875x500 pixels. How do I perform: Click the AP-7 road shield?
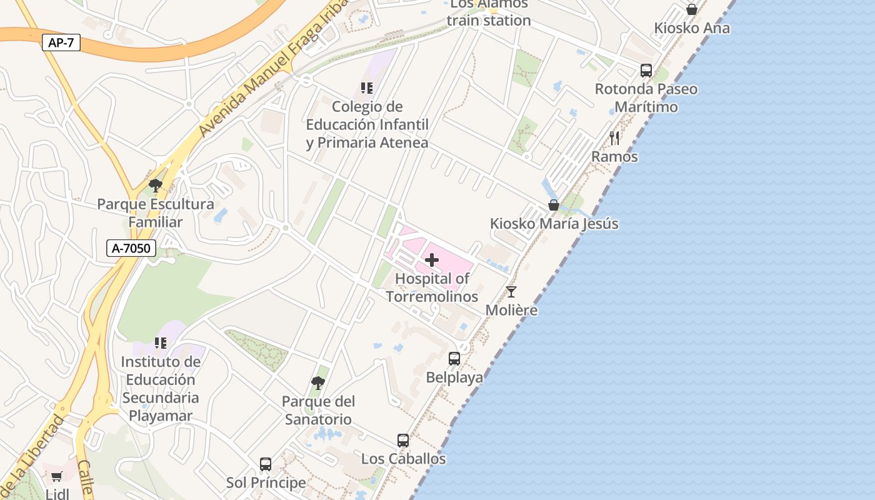pyautogui.click(x=62, y=43)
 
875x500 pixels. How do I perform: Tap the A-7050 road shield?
pyautogui.click(x=131, y=248)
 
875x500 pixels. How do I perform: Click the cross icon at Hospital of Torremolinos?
pyautogui.click(x=432, y=259)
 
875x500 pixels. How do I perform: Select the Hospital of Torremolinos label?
pyautogui.click(x=432, y=287)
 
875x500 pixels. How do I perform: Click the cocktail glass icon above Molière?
pyautogui.click(x=511, y=291)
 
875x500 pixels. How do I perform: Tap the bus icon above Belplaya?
pyautogui.click(x=454, y=359)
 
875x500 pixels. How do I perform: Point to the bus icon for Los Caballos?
pyautogui.click(x=403, y=441)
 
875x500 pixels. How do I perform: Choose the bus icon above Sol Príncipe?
pyautogui.click(x=266, y=464)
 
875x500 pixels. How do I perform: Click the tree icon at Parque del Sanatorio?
pyautogui.click(x=318, y=382)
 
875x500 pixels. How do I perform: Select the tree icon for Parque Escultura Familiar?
pyautogui.click(x=156, y=185)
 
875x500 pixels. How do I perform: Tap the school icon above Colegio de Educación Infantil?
pyautogui.click(x=367, y=88)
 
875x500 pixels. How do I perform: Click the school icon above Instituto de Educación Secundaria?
pyautogui.click(x=161, y=343)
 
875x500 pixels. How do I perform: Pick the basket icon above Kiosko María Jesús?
pyautogui.click(x=554, y=205)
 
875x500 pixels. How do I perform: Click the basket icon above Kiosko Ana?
pyautogui.click(x=692, y=9)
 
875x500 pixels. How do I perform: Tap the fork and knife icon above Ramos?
pyautogui.click(x=614, y=137)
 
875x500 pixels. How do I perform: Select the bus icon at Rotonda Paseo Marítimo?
pyautogui.click(x=646, y=71)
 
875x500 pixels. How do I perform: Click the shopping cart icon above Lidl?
pyautogui.click(x=57, y=476)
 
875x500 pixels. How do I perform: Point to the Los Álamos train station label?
pyautogui.click(x=489, y=12)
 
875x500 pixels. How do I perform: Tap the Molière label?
pyautogui.click(x=511, y=310)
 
